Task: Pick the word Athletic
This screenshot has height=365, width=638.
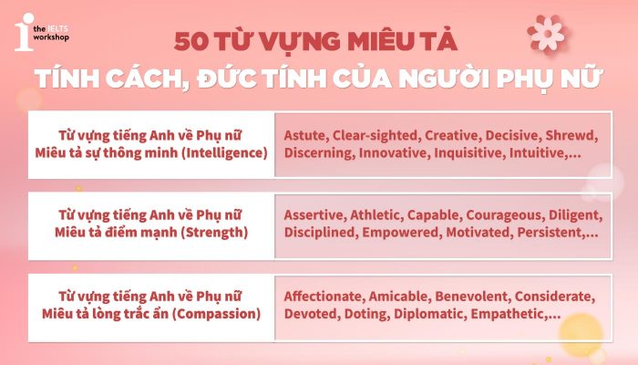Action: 381,216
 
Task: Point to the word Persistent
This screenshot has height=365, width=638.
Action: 551,235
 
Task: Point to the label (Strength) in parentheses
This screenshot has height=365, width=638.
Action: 216,234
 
